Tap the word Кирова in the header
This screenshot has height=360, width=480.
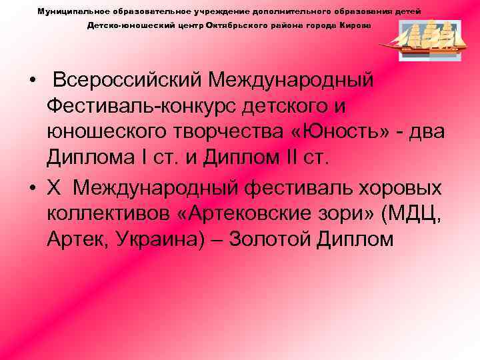coord(358,25)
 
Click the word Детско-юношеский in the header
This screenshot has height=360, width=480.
coord(119,25)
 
